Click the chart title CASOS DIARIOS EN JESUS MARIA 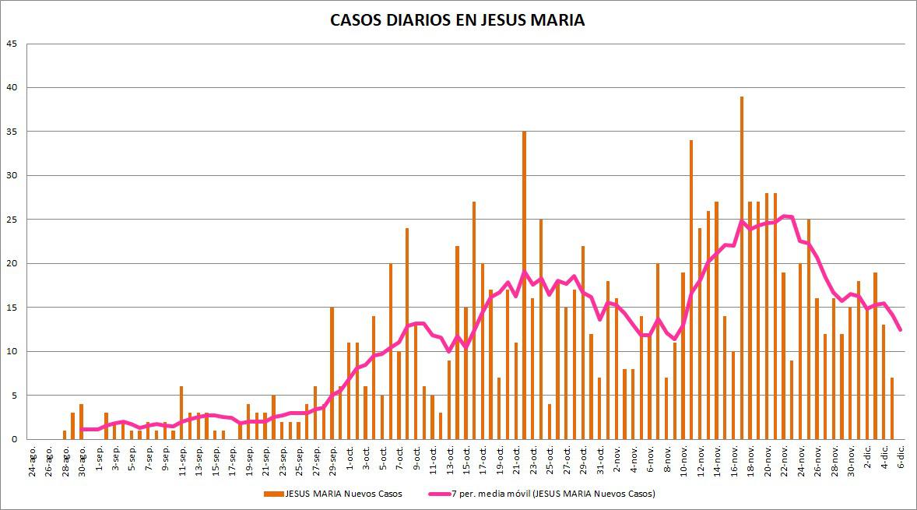point(458,20)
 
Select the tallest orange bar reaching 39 point(741,268)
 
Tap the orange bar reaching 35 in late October point(524,285)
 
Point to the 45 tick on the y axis point(12,44)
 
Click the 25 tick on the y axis point(12,220)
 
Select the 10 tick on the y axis point(12,351)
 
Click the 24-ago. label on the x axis point(32,457)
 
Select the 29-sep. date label point(333,457)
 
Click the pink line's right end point point(901,330)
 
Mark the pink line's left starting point point(82,429)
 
